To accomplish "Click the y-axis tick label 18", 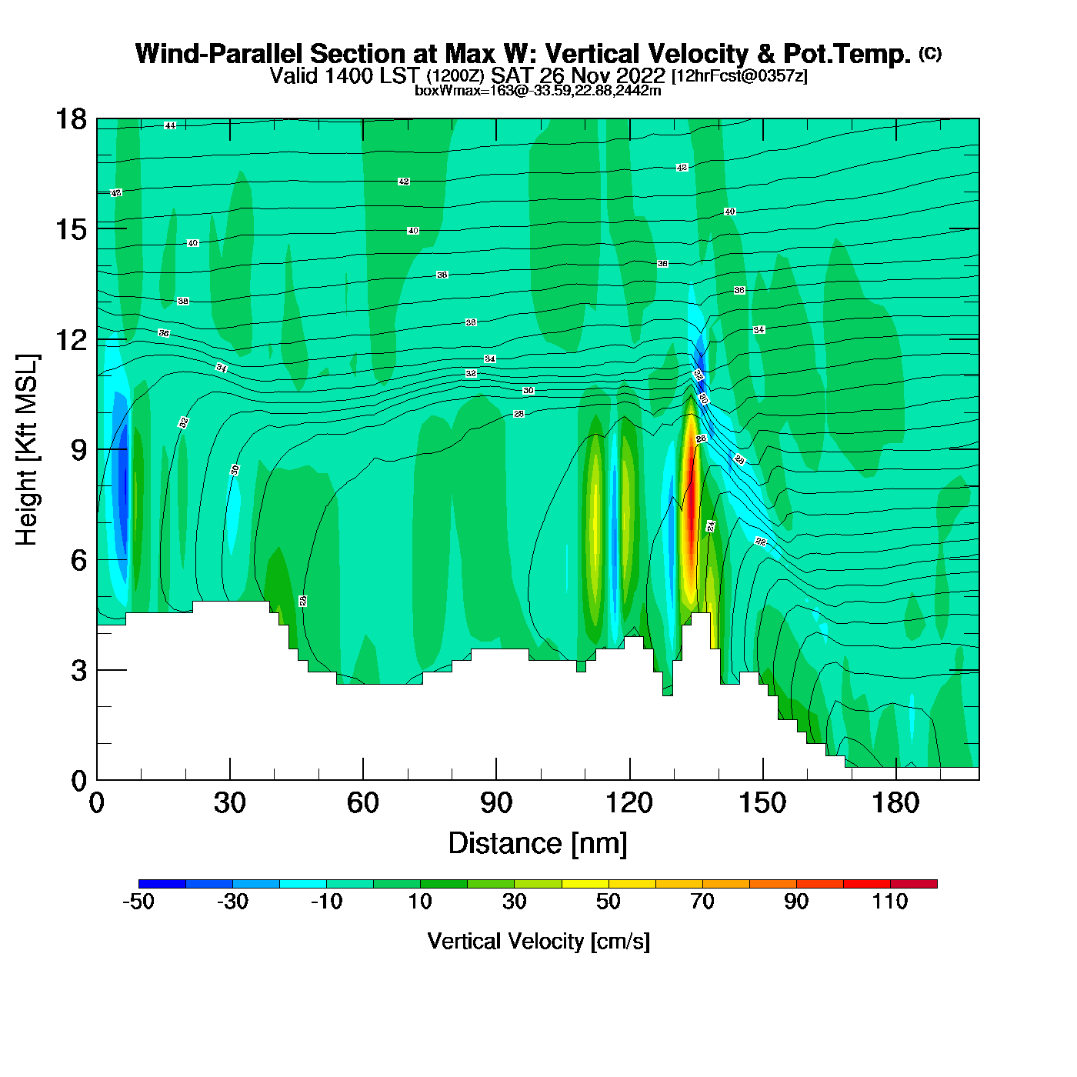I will coord(70,119).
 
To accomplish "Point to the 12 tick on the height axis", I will coord(70,339).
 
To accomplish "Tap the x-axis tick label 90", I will coord(496,803).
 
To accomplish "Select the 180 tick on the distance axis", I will coord(895,803).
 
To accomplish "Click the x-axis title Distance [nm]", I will coord(538,843).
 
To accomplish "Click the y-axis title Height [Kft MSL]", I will coord(27,450).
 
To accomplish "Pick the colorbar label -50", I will coord(138,901).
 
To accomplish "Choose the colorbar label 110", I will coord(890,901).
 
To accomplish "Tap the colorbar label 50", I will coord(609,901).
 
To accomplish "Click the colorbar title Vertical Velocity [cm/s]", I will coord(538,941).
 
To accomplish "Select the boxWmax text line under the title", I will coord(538,90).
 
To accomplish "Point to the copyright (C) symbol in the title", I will coord(930,52).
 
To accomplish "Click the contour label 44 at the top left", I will coord(170,125).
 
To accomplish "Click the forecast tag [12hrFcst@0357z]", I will coord(739,76).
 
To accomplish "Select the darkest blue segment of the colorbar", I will coord(162,884).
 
